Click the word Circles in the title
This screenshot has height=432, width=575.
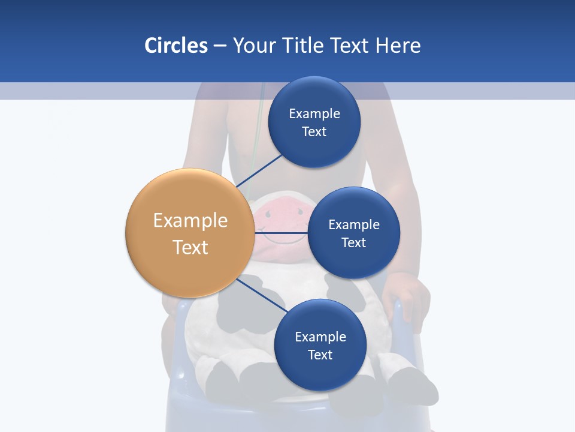click(x=175, y=46)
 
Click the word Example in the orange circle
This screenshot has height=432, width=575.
click(x=190, y=221)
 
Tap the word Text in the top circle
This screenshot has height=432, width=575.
click(x=314, y=132)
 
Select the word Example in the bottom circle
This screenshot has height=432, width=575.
click(x=320, y=337)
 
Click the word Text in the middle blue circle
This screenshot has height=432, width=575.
click(x=353, y=242)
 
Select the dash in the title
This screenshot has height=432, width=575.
click(x=220, y=46)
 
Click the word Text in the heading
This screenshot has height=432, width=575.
click(x=350, y=46)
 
